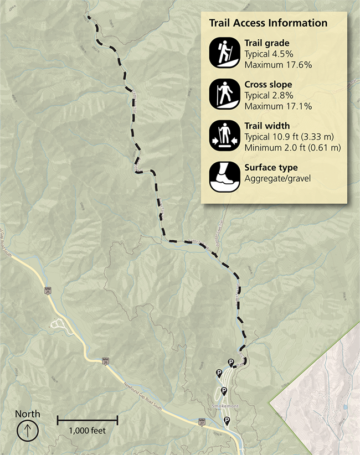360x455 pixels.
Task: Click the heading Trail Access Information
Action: (x=268, y=23)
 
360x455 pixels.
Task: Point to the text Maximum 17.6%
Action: (x=278, y=65)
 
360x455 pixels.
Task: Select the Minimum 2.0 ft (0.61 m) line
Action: (x=292, y=147)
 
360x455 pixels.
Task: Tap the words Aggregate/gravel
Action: (x=277, y=178)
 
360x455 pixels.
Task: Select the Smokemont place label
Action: (x=224, y=406)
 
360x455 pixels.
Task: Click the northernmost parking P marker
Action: (x=231, y=363)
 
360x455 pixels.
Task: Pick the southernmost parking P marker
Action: (x=227, y=421)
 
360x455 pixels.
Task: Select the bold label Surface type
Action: (x=271, y=168)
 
